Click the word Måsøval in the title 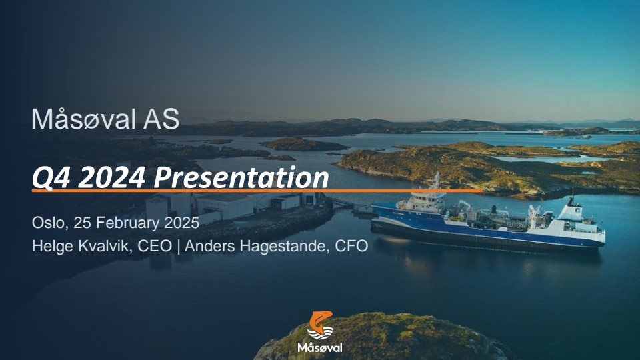[84, 119]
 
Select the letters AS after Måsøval [161, 119]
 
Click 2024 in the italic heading [111, 177]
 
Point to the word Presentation [241, 177]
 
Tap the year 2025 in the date [181, 223]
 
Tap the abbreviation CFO [351, 246]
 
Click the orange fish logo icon [321, 325]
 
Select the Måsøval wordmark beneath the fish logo [320, 347]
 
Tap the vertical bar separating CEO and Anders [179, 247]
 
